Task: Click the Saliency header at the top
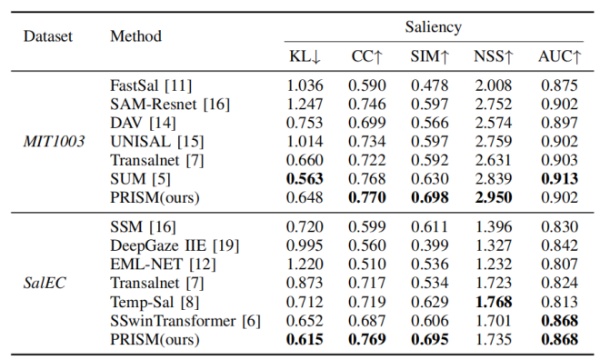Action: point(433,27)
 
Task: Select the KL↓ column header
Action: point(305,56)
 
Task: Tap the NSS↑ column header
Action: point(494,56)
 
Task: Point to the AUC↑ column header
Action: point(559,56)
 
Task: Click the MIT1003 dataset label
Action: point(54,141)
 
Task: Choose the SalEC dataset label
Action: point(45,283)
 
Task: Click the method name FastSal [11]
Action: point(151,85)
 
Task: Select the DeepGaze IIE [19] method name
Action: point(175,245)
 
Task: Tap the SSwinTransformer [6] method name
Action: point(185,321)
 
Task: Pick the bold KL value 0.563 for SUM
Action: point(305,179)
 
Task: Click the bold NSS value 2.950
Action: point(494,197)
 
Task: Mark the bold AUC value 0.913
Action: point(559,179)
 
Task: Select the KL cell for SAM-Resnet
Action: point(305,104)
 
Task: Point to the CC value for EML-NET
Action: point(367,265)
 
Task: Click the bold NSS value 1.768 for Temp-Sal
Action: point(494,302)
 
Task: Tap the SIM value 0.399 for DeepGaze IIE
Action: point(429,245)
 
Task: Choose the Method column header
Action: point(135,36)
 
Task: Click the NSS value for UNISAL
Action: point(494,141)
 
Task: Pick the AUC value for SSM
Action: point(559,227)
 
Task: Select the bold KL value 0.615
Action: point(305,339)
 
